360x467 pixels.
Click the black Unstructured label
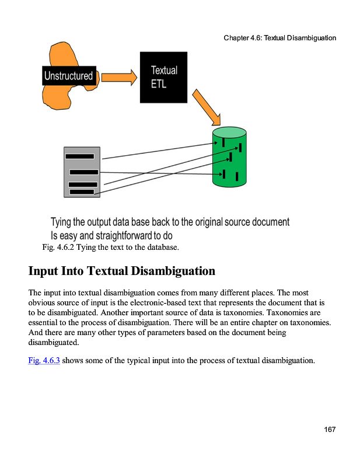tap(69, 76)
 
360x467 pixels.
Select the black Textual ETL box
tap(163, 77)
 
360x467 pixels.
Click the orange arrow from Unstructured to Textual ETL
tap(119, 76)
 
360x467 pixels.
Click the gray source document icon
tap(82, 172)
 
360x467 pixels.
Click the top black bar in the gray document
tap(80, 156)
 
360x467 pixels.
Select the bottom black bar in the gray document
tap(81, 191)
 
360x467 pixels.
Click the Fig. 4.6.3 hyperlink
tap(44, 360)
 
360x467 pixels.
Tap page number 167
tap(330, 430)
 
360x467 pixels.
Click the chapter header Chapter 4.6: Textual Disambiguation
tap(279, 38)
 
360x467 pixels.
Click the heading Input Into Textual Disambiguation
tap(122, 271)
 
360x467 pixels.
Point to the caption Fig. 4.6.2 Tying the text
tap(111, 248)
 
